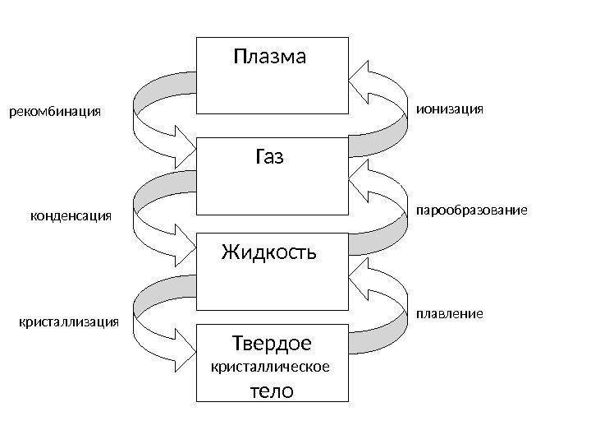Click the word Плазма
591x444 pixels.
(269, 58)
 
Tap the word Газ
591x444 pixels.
(269, 156)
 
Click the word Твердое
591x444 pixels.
(272, 341)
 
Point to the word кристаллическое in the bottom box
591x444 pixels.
(271, 368)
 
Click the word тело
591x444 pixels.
(271, 391)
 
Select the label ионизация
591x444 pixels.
(451, 108)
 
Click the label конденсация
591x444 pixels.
(70, 215)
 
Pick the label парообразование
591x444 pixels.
(470, 211)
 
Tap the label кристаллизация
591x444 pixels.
(68, 322)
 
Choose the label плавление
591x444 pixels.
(450, 314)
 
